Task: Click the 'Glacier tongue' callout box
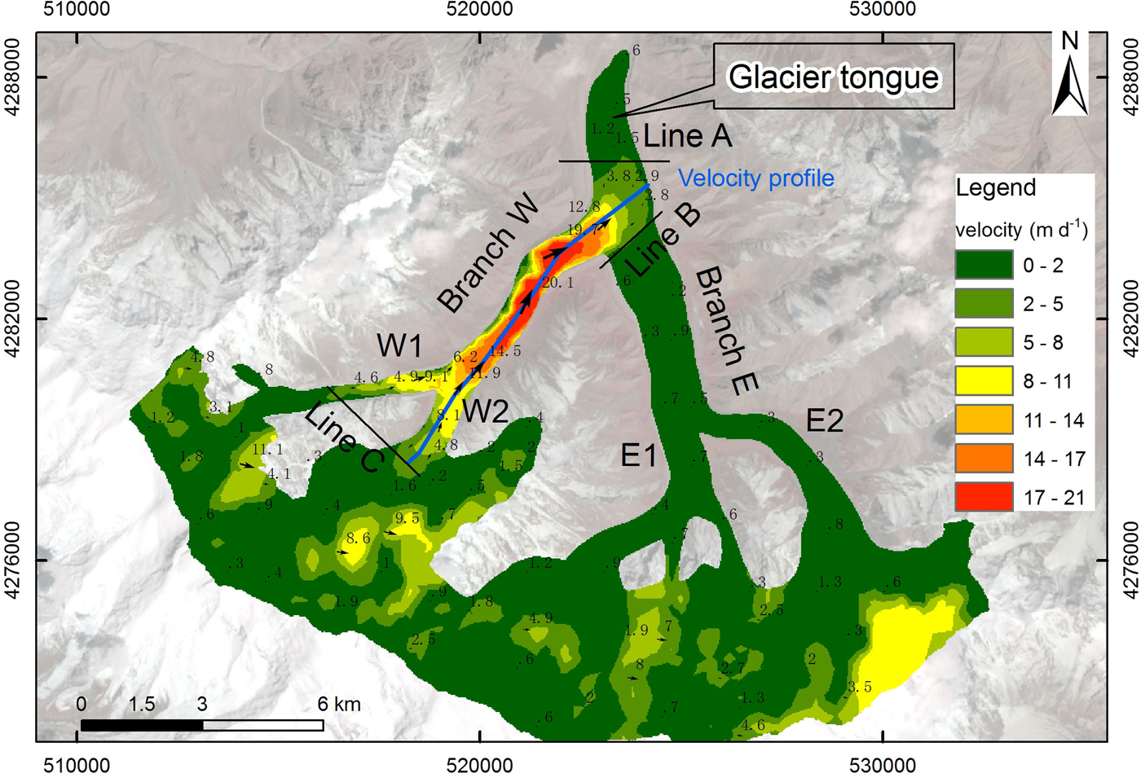(833, 77)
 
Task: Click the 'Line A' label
(687, 136)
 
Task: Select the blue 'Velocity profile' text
(756, 178)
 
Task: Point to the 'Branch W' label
(487, 253)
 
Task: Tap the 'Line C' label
(343, 438)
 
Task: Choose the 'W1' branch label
(399, 345)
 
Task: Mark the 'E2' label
(824, 420)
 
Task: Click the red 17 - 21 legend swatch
(984, 497)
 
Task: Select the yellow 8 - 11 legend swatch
(984, 381)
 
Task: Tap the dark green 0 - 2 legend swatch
(984, 266)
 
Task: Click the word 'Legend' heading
(995, 187)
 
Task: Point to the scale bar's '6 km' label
(339, 704)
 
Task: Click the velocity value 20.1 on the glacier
(557, 283)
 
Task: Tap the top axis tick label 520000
(481, 10)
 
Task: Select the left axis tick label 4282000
(14, 319)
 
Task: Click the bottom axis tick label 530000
(883, 766)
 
